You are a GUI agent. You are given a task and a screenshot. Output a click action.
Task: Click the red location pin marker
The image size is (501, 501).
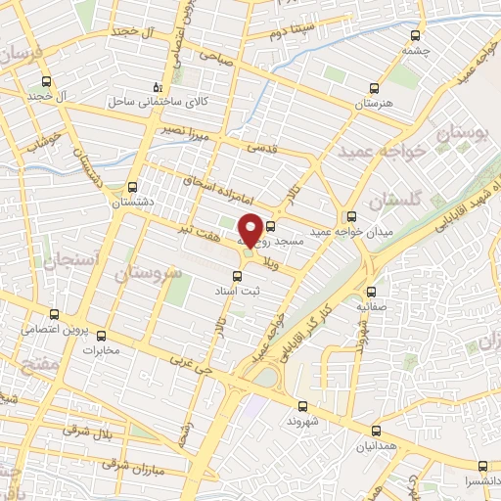click(250, 230)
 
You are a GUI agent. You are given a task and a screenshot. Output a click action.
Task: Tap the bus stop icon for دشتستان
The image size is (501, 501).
click(133, 187)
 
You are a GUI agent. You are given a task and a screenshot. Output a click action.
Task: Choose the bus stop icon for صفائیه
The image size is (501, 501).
click(371, 292)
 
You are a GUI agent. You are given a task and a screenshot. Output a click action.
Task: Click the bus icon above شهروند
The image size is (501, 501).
click(301, 404)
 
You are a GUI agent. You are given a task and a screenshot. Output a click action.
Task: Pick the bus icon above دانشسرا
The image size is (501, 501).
click(482, 467)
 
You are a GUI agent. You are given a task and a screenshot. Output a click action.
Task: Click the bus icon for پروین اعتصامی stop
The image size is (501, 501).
click(54, 315)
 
